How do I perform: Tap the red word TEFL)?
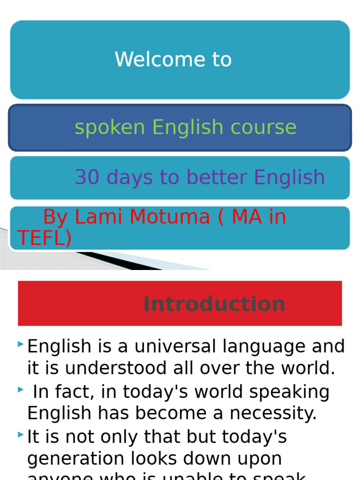pyautogui.click(x=45, y=238)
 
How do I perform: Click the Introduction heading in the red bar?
pyautogui.click(x=214, y=304)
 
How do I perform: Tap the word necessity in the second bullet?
pyautogui.click(x=277, y=413)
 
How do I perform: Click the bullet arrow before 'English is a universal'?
pyautogui.click(x=21, y=345)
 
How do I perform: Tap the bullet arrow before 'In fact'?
pyautogui.click(x=21, y=390)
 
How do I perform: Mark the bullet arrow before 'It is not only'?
pyautogui.click(x=21, y=435)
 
